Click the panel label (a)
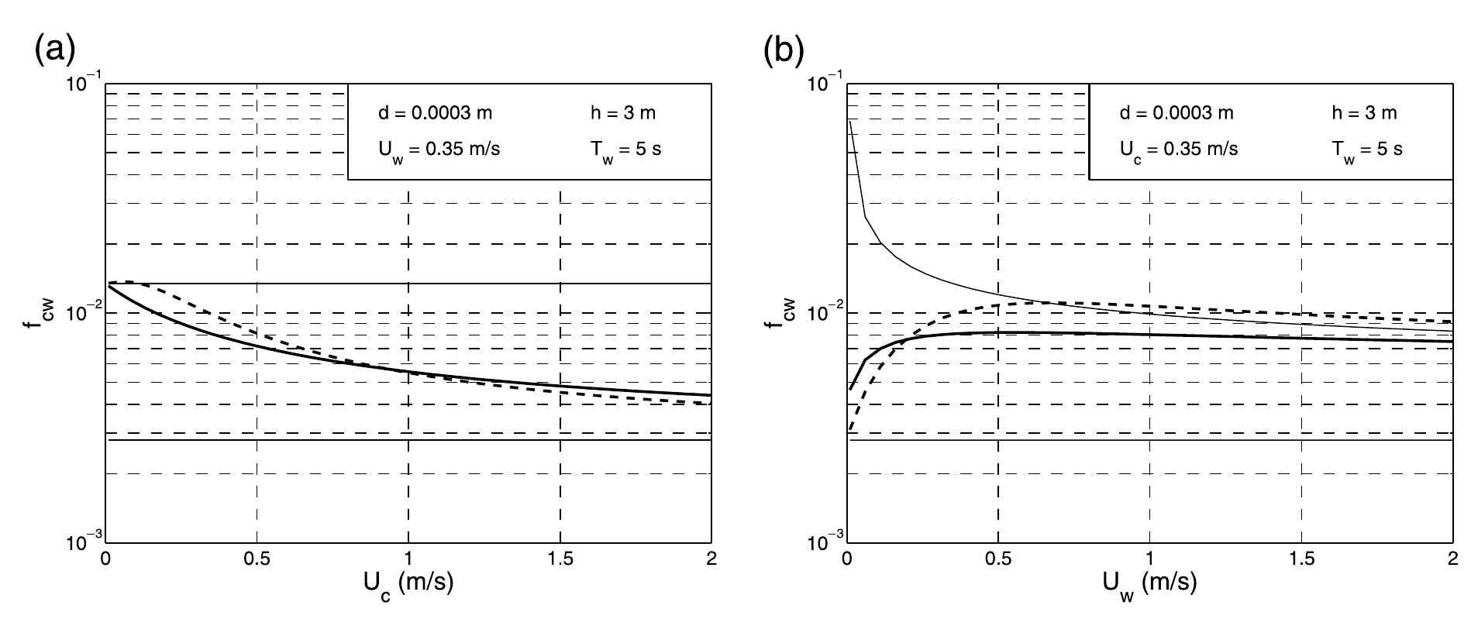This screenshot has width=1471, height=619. (54, 50)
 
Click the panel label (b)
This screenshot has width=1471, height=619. (784, 50)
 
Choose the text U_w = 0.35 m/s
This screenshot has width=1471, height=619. (439, 149)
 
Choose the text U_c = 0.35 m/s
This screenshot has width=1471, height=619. (1180, 149)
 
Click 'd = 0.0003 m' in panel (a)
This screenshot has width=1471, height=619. (435, 113)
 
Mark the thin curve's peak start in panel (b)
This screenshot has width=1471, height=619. (850, 122)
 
